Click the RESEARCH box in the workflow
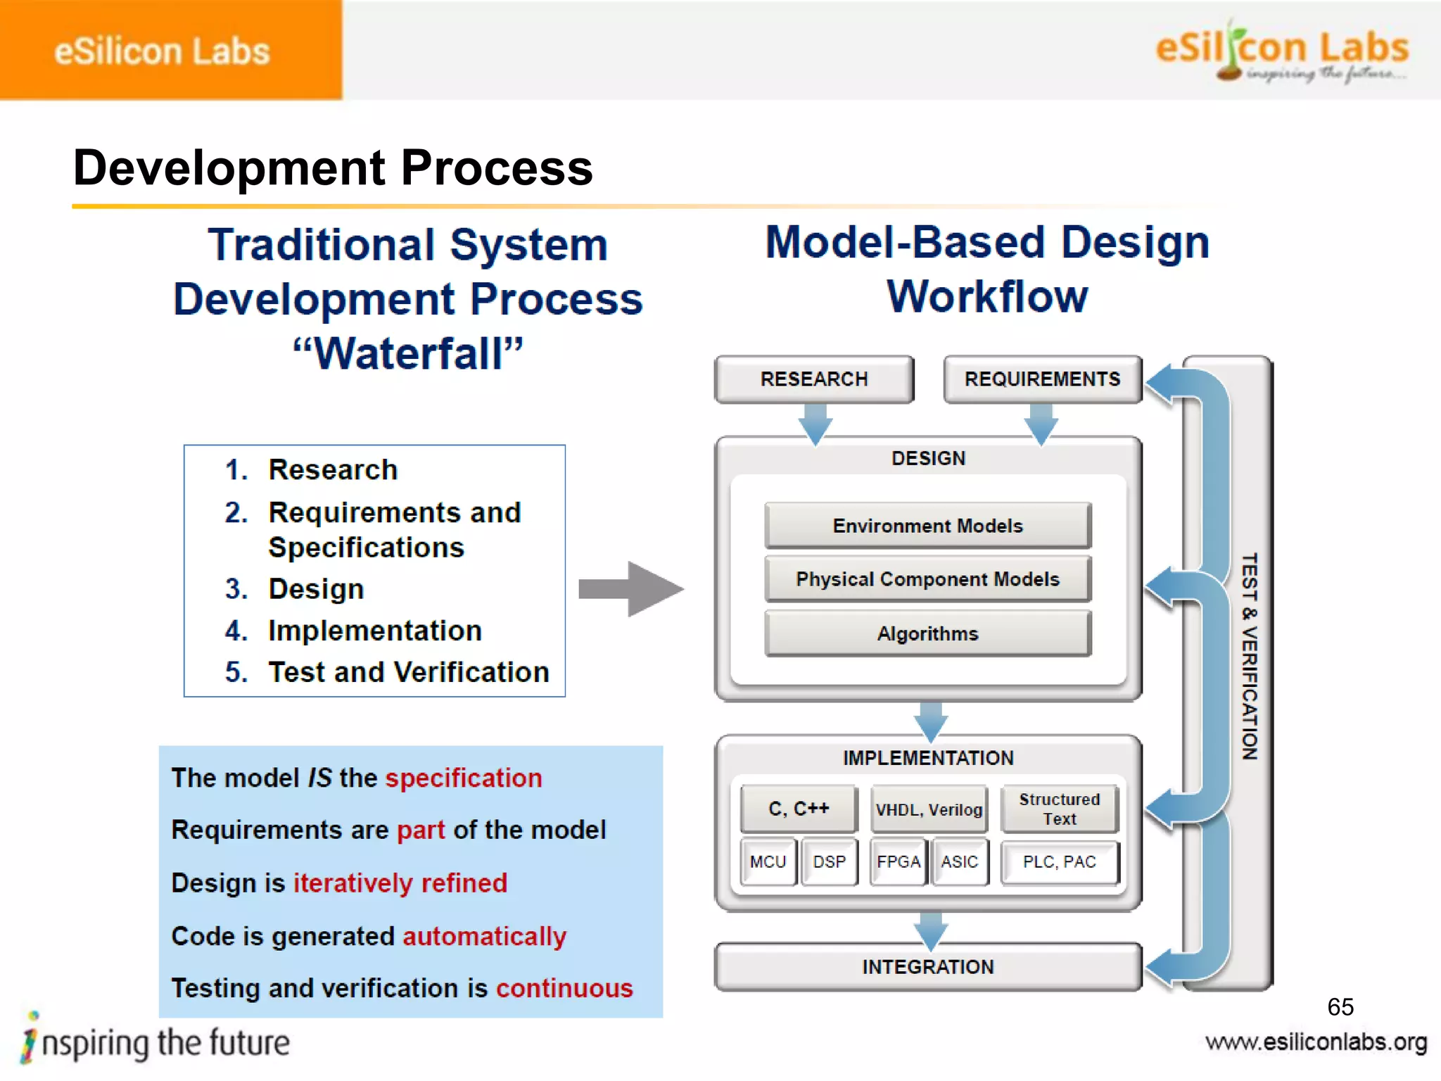click(x=814, y=379)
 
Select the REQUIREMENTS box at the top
click(x=1042, y=379)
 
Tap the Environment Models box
click(x=927, y=526)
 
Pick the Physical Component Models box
click(x=927, y=579)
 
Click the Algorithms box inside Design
click(x=927, y=633)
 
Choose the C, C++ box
click(x=799, y=809)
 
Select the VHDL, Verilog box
click(x=928, y=809)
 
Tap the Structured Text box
click(x=1059, y=809)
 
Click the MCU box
click(x=768, y=861)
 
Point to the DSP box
click(x=829, y=861)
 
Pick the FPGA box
click(x=899, y=861)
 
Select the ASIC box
click(x=960, y=861)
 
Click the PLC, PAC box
click(x=1059, y=861)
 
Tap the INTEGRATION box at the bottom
click(x=927, y=967)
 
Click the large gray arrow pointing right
click(x=630, y=589)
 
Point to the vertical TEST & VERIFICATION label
click(x=1249, y=656)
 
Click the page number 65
click(x=1340, y=1007)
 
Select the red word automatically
click(x=484, y=936)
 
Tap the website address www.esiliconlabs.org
click(x=1316, y=1042)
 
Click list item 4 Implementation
click(x=374, y=631)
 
